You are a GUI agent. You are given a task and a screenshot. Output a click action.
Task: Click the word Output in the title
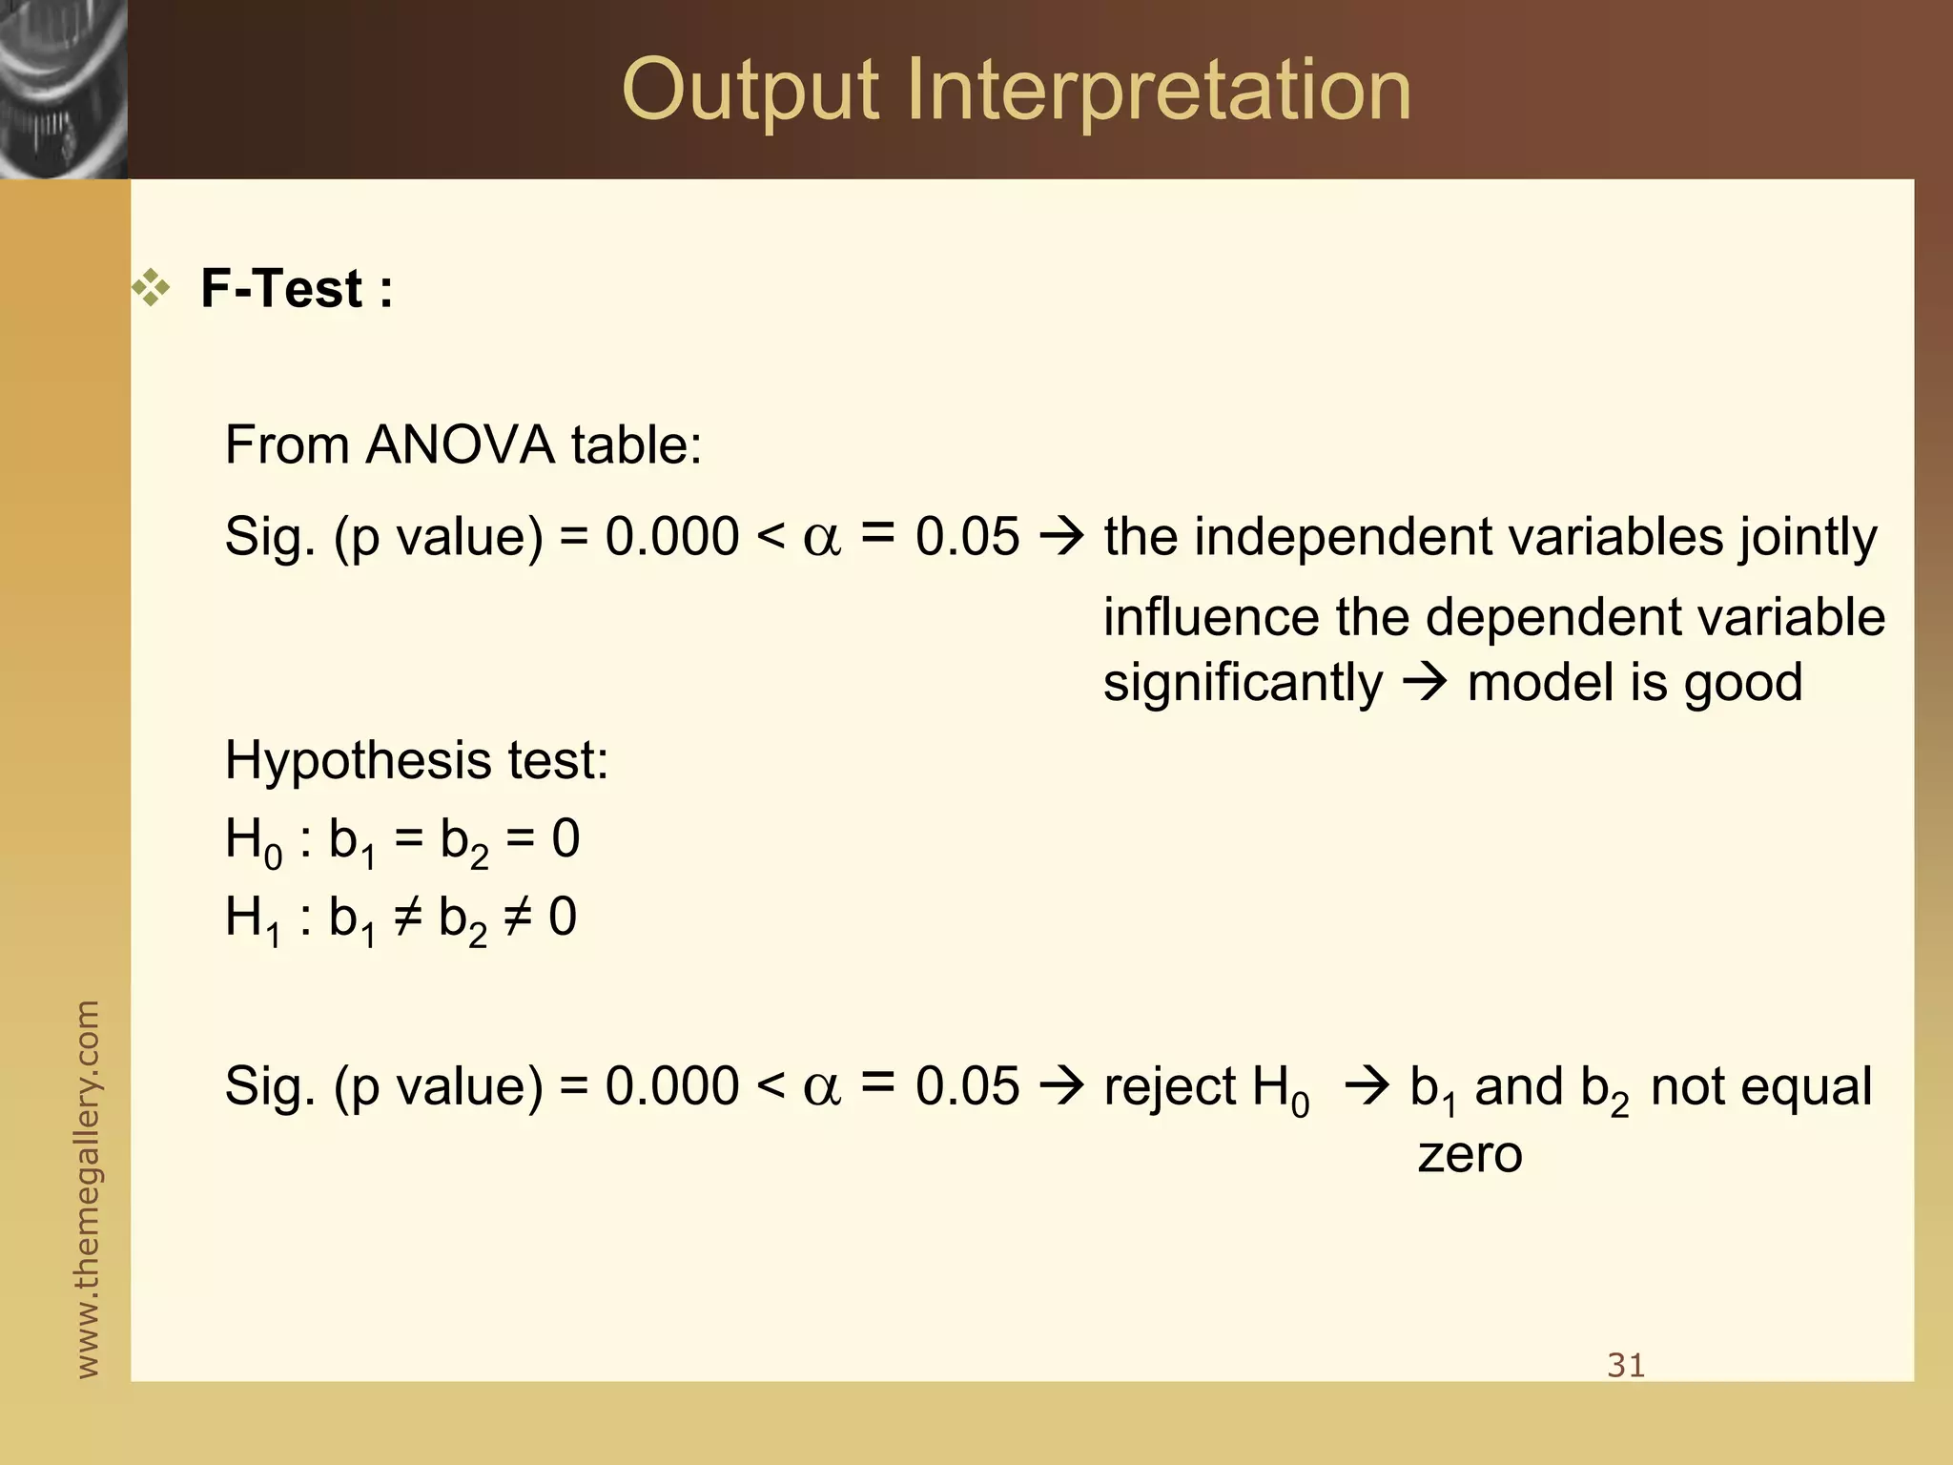pyautogui.click(x=750, y=92)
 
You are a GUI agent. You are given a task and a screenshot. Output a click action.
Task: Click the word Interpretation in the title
pyautogui.click(x=1158, y=92)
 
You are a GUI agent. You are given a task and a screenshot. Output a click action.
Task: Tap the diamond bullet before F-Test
pyautogui.click(x=151, y=288)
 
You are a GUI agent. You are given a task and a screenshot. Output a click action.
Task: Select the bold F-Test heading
pyautogui.click(x=296, y=288)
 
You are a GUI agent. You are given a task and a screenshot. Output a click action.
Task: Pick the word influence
pyautogui.click(x=1209, y=617)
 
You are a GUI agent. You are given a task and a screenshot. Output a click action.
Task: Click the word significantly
pyautogui.click(x=1242, y=683)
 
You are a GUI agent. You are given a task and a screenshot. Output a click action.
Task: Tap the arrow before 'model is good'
pyautogui.click(x=1425, y=683)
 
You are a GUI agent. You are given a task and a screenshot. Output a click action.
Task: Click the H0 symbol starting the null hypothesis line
pyautogui.click(x=253, y=842)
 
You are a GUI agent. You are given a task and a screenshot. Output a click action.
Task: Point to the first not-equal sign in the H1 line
pyautogui.click(x=406, y=918)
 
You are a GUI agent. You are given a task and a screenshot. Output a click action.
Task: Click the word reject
pyautogui.click(x=1169, y=1087)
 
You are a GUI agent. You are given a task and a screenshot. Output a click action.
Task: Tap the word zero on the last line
pyautogui.click(x=1470, y=1155)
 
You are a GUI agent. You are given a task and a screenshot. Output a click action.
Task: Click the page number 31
pyautogui.click(x=1626, y=1366)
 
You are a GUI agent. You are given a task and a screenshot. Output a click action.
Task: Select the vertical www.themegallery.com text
pyautogui.click(x=87, y=1188)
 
